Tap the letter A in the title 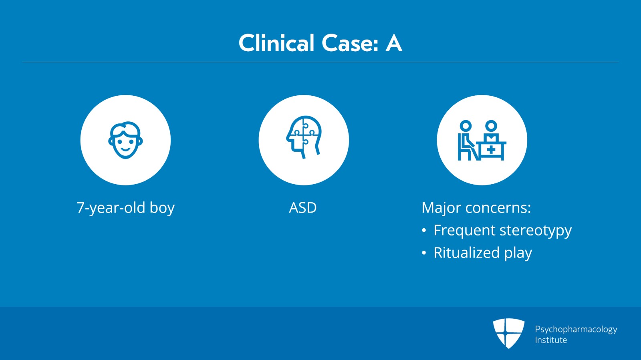pyautogui.click(x=394, y=43)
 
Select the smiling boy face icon pyautogui.click(x=125, y=140)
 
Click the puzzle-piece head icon pyautogui.click(x=304, y=137)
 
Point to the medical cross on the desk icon pyautogui.click(x=491, y=150)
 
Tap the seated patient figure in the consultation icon pyautogui.click(x=467, y=140)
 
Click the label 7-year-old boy pyautogui.click(x=125, y=208)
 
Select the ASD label pyautogui.click(x=303, y=207)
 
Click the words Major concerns pyautogui.click(x=476, y=208)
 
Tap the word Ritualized pyautogui.click(x=467, y=253)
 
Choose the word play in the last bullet pyautogui.click(x=518, y=253)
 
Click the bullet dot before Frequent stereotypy pyautogui.click(x=424, y=231)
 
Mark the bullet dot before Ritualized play pyautogui.click(x=424, y=253)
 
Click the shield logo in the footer pyautogui.click(x=508, y=334)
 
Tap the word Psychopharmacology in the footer pyautogui.click(x=576, y=330)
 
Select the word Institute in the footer pyautogui.click(x=551, y=340)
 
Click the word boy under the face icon pyautogui.click(x=162, y=208)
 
